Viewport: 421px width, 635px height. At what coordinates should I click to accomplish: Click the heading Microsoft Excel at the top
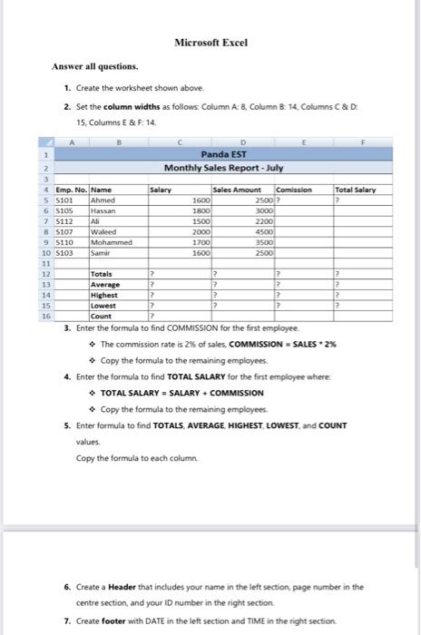coord(211,43)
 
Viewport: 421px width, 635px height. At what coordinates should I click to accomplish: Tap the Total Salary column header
coord(355,190)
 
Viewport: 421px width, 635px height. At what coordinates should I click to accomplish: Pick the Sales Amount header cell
coord(235,190)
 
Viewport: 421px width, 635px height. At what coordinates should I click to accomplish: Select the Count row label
coord(102,316)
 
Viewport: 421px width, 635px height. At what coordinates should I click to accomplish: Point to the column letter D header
coord(242,142)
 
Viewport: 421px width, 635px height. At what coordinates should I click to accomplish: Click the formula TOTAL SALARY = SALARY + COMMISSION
coord(186,393)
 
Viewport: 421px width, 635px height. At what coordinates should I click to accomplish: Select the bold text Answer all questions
coord(95,66)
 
